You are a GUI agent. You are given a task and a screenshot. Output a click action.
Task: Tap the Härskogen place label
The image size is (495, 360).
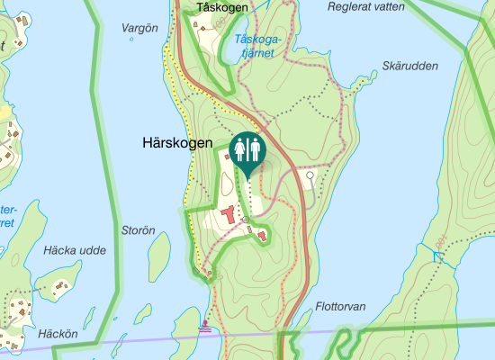coord(176,143)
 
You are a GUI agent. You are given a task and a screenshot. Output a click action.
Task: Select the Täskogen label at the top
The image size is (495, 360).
coord(220,7)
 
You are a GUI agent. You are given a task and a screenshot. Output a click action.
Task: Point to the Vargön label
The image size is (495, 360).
coord(139,28)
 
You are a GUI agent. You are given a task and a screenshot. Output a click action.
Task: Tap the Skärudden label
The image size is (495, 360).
coord(409,66)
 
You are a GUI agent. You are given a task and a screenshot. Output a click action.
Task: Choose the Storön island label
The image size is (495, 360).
coord(139,230)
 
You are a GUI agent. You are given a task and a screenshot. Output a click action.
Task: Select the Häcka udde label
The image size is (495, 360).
coord(74,250)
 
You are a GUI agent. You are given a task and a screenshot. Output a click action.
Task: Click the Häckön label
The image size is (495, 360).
coord(60,334)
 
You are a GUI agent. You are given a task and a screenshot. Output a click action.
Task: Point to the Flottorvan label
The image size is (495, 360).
coord(341,307)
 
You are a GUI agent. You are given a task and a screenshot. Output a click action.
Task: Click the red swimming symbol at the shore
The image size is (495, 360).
coord(206,327)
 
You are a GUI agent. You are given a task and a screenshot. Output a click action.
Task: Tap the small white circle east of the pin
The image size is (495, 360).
coord(310,175)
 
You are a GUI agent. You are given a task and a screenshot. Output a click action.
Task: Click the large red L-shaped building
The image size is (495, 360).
coord(227,215)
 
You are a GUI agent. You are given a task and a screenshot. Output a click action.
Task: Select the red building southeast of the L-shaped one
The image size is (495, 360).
coord(262,236)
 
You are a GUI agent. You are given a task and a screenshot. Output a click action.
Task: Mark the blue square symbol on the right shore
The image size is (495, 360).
coord(438,257)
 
